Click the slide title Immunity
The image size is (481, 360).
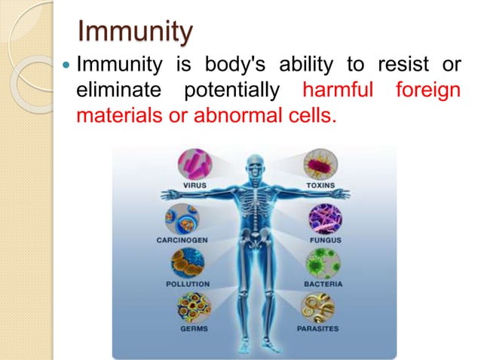136,33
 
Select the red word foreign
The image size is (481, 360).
427,92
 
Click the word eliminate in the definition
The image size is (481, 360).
116,92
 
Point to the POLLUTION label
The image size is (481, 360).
189,285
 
